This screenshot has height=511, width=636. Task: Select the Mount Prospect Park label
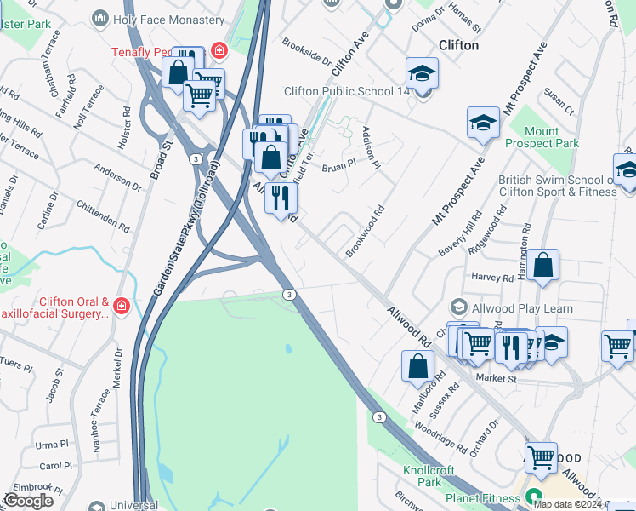(x=542, y=137)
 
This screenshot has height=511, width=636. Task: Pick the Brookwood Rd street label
(x=365, y=231)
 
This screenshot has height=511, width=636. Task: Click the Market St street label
(x=496, y=377)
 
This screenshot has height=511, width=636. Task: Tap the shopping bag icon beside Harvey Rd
(x=542, y=266)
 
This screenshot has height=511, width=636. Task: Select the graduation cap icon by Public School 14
(x=421, y=74)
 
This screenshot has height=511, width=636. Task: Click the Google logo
(x=28, y=501)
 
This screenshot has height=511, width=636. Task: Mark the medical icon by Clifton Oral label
(x=121, y=305)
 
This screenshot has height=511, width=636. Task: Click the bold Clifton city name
(x=458, y=45)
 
